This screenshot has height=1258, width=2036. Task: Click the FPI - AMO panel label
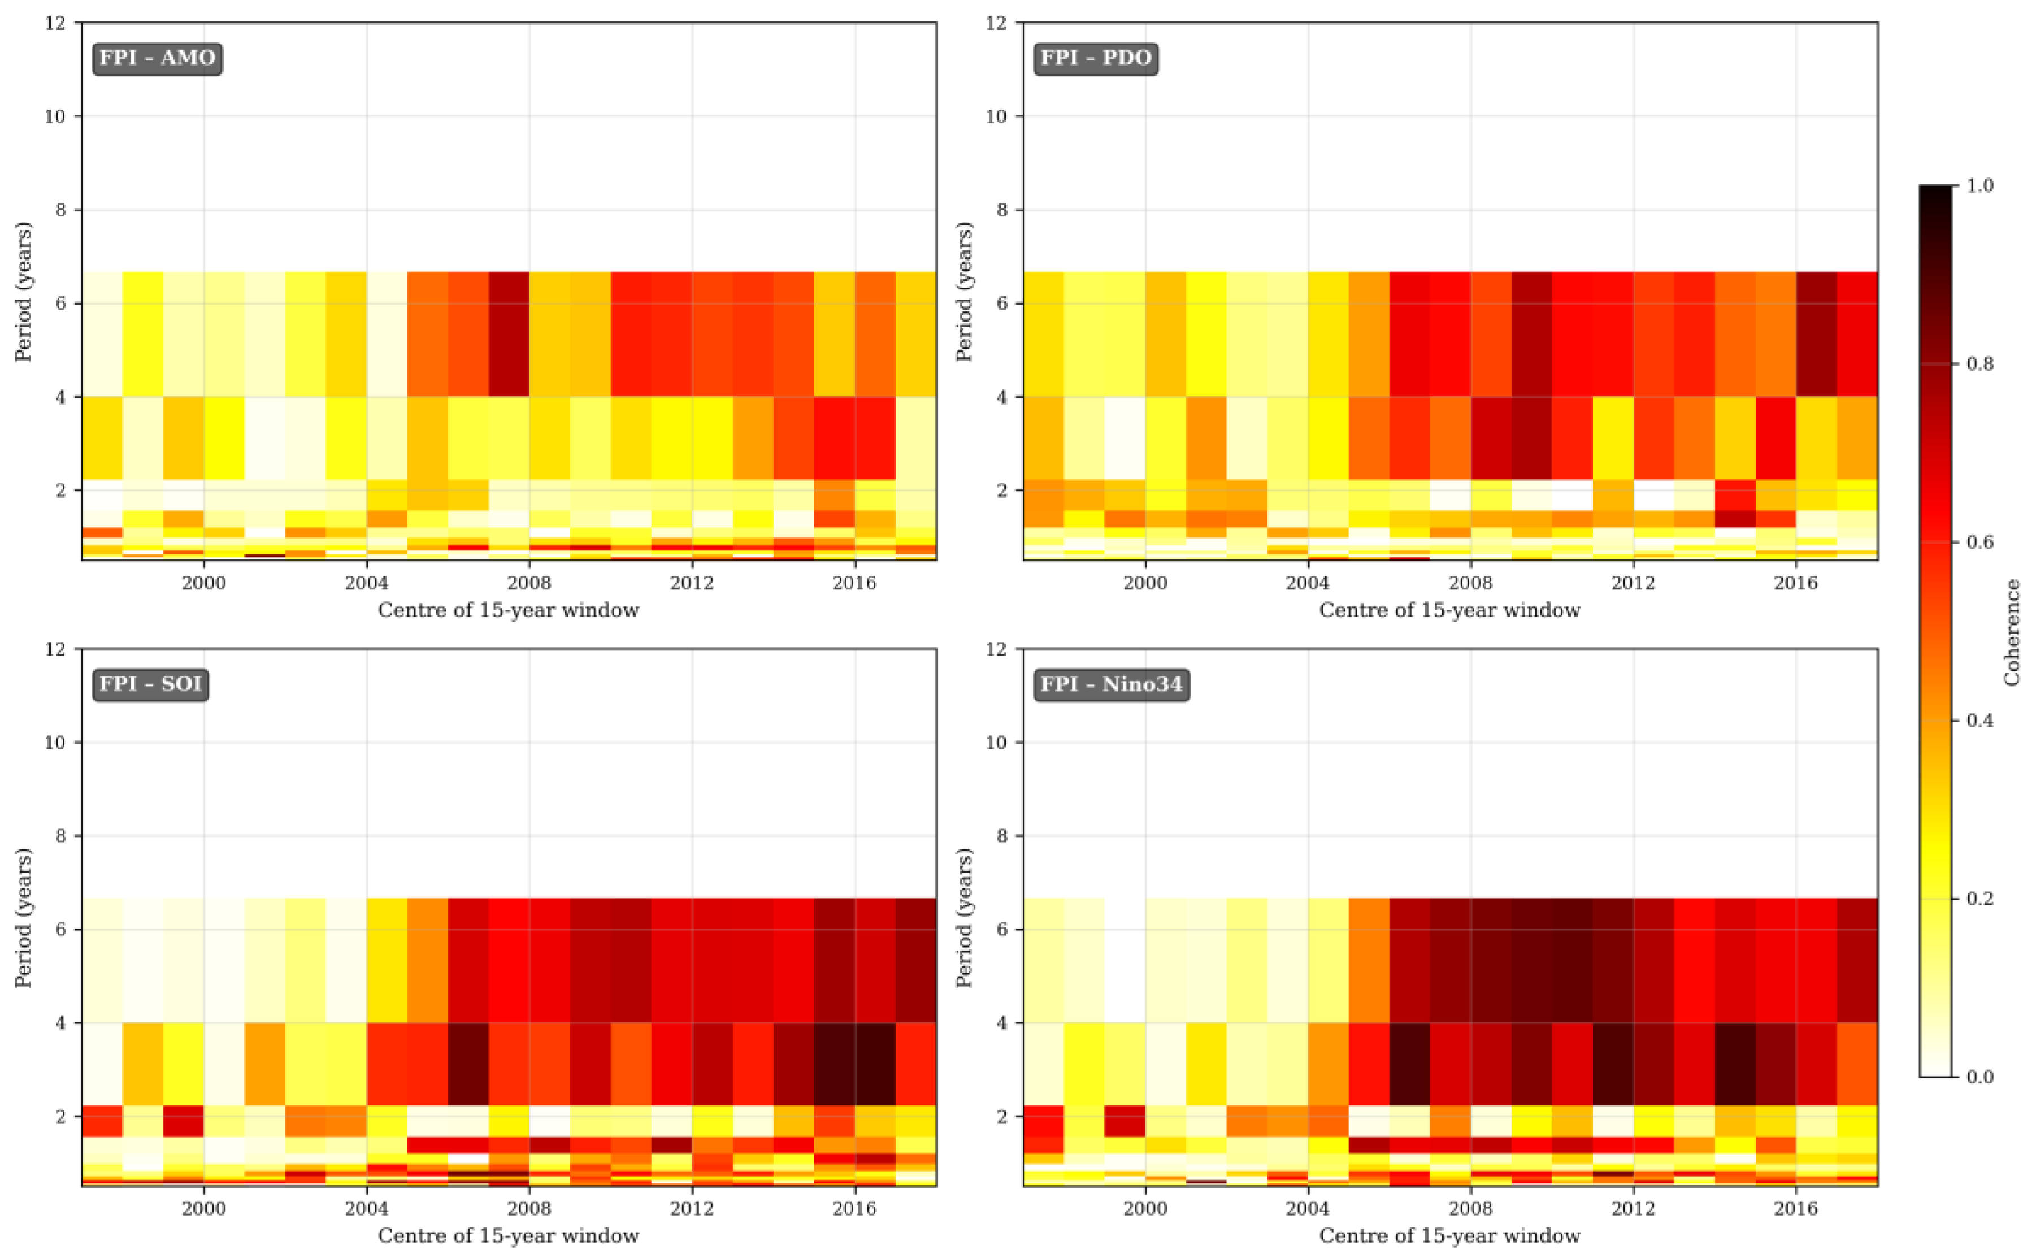point(157,58)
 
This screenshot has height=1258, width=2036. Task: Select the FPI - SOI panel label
point(150,684)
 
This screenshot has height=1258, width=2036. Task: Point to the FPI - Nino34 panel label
point(1111,684)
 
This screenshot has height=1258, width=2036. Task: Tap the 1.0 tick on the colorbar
point(1980,185)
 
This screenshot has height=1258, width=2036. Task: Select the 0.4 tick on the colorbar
point(1980,721)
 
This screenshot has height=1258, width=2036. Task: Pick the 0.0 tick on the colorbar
point(1980,1078)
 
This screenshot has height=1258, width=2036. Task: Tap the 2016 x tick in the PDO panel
point(1796,583)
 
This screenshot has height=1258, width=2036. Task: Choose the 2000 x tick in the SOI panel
point(204,1208)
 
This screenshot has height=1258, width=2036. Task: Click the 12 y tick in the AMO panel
point(55,23)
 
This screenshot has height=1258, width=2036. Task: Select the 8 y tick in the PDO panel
point(1002,210)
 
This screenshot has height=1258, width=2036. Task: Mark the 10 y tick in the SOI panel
point(55,742)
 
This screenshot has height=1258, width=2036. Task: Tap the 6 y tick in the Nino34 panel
point(1002,929)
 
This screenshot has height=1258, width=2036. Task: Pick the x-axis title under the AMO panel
point(508,610)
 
